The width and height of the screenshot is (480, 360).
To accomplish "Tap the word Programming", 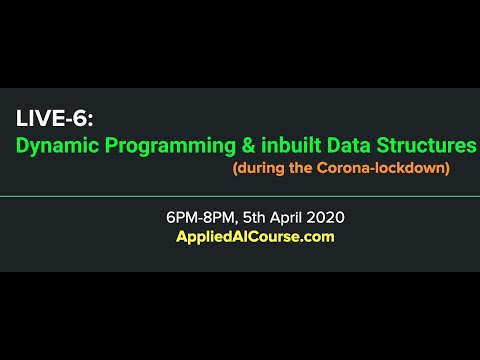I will [167, 146].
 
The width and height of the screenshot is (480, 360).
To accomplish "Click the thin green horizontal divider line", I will [240, 197].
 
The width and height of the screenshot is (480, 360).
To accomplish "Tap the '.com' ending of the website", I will [317, 237].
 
